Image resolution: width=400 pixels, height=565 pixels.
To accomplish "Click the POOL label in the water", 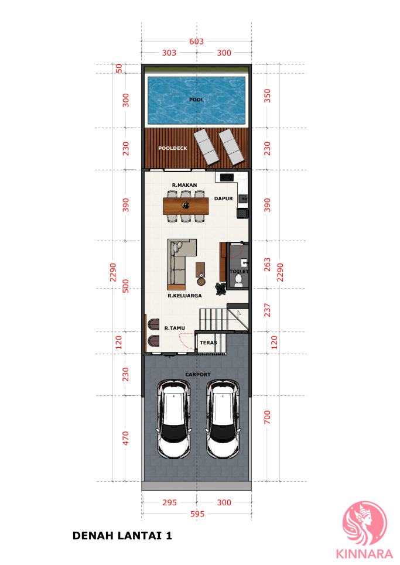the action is pos(196,100).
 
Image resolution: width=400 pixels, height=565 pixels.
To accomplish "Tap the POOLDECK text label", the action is pos(173,148).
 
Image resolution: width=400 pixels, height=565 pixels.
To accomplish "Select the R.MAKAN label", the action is pos(184,185).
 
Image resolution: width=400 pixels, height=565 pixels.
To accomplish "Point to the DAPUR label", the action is pos(223,198).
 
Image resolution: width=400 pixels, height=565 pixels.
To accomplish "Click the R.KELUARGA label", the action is pos(184,296).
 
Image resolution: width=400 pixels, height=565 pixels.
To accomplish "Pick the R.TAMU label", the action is pos(175,328).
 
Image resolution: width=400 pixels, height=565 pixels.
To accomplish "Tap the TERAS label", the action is pos(208,343).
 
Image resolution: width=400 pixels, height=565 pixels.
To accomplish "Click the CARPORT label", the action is pos(198,375).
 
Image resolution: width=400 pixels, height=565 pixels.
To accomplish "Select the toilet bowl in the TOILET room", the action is pos(238,280).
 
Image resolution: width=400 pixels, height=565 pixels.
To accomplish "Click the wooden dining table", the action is pos(186,206).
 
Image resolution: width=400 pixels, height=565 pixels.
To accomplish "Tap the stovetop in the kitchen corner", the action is pos(227,177).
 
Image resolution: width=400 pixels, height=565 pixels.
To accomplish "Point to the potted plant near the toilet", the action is pos(221,289).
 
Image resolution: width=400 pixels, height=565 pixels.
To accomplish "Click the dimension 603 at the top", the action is pos(196,42).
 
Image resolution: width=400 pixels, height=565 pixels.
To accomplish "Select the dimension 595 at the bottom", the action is pos(197,514).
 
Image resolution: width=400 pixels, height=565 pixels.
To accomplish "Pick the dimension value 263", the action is pos(267,265).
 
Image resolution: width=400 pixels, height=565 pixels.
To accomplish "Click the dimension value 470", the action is pos(125,438).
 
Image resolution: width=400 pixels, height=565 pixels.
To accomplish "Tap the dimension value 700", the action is pos(267,417).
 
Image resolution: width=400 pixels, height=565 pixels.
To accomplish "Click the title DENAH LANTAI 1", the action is pos(122,536).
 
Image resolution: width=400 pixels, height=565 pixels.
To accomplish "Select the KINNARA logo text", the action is pos(364,554).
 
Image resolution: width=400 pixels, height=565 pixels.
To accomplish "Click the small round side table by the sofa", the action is pos(201,281).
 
